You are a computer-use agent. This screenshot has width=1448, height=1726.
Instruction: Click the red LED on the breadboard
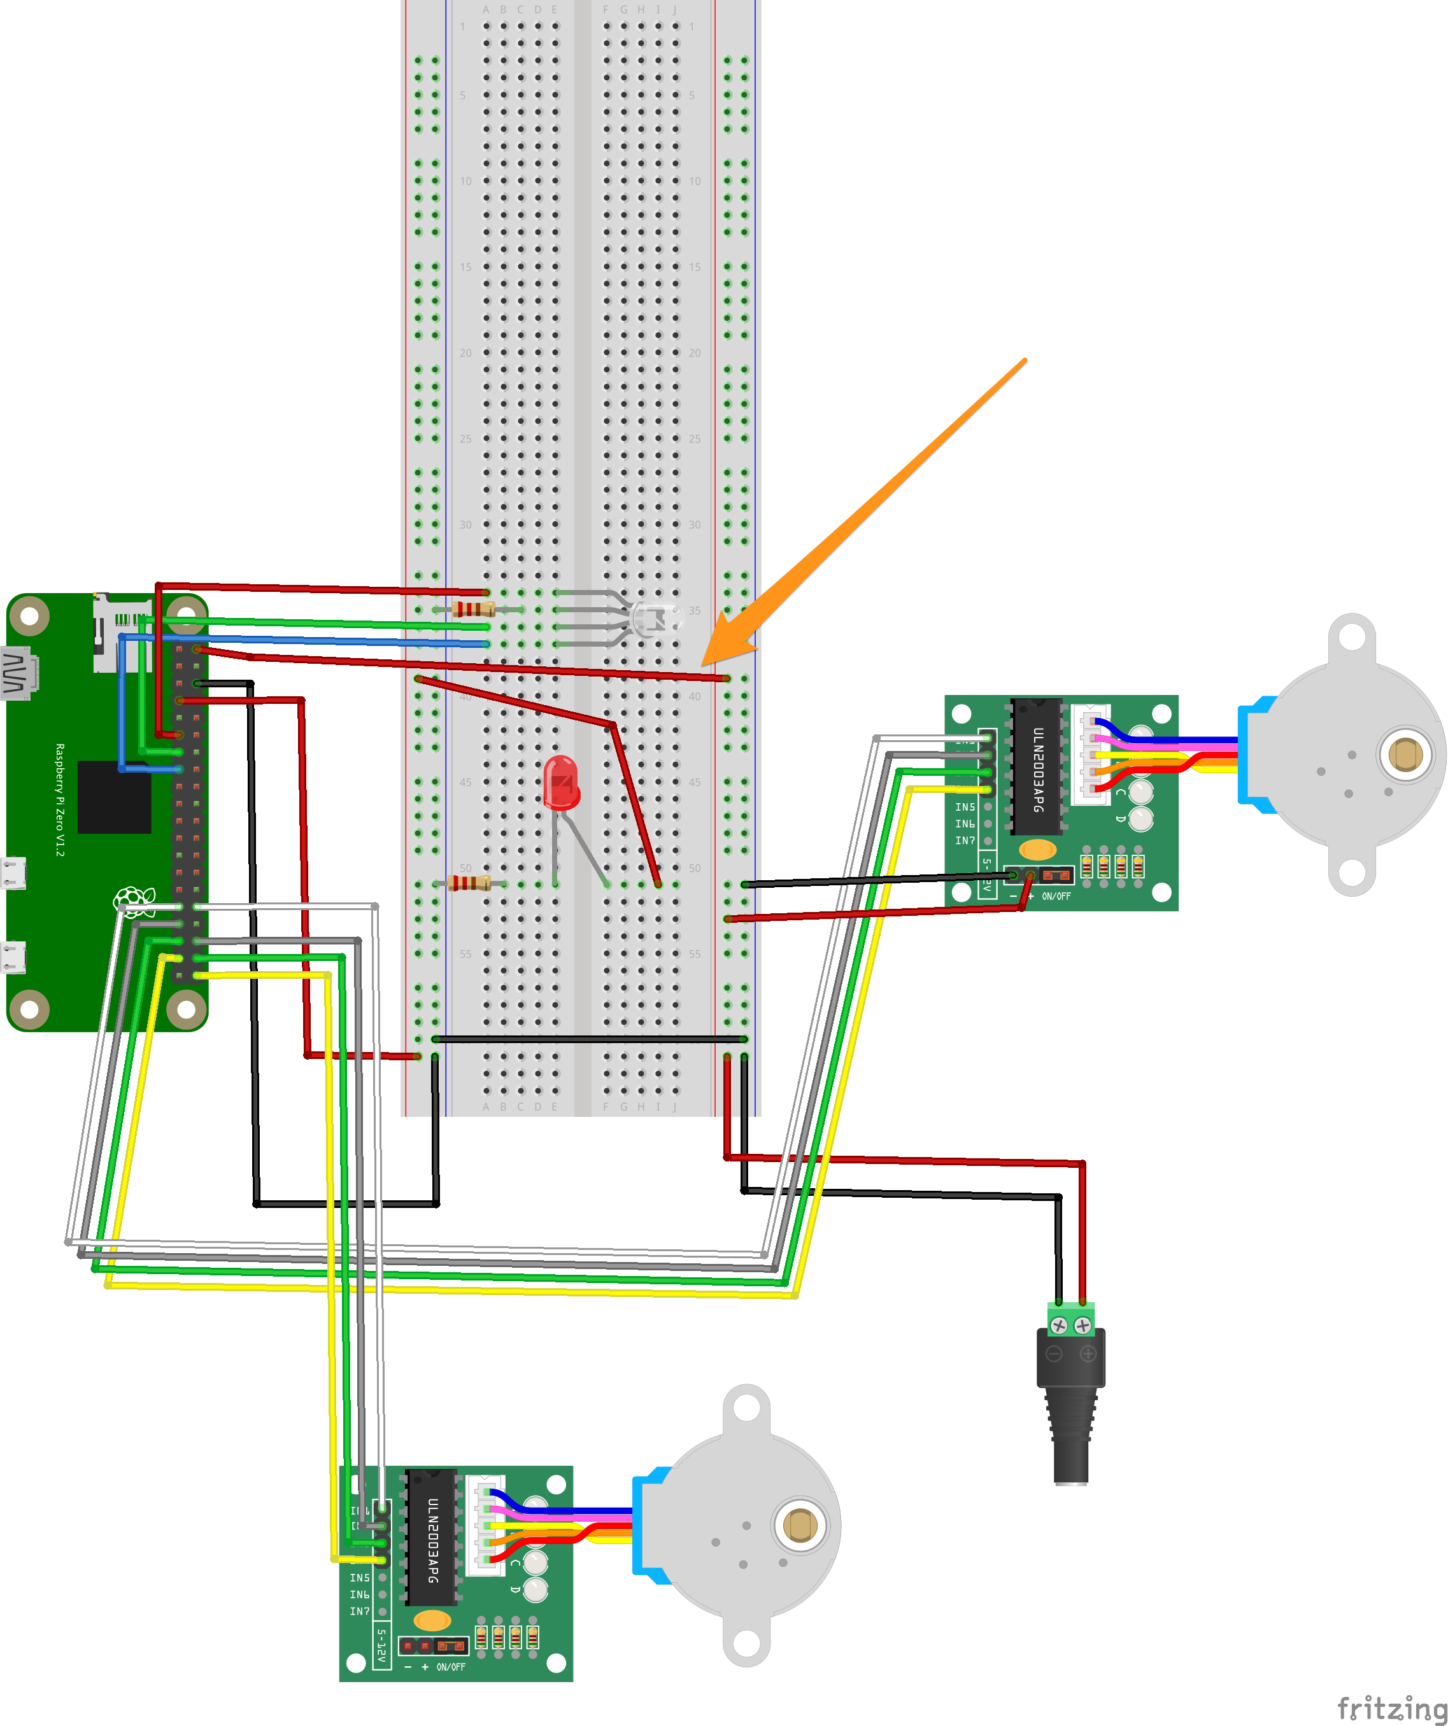coord(562,782)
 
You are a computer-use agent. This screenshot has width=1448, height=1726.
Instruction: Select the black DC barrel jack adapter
coord(1070,1397)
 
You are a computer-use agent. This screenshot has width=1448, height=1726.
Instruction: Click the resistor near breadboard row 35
coord(474,609)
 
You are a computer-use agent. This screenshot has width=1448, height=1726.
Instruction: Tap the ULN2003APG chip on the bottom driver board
coord(432,1537)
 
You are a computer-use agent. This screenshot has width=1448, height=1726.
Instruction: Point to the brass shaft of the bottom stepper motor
coord(799,1526)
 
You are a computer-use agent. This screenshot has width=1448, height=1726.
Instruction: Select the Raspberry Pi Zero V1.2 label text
coord(59,800)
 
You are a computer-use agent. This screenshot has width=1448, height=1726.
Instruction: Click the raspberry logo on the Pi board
coord(134,902)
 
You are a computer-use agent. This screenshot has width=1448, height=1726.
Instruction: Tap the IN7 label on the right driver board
coord(965,841)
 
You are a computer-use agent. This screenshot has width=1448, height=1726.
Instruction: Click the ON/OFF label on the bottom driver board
coord(451,1667)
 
